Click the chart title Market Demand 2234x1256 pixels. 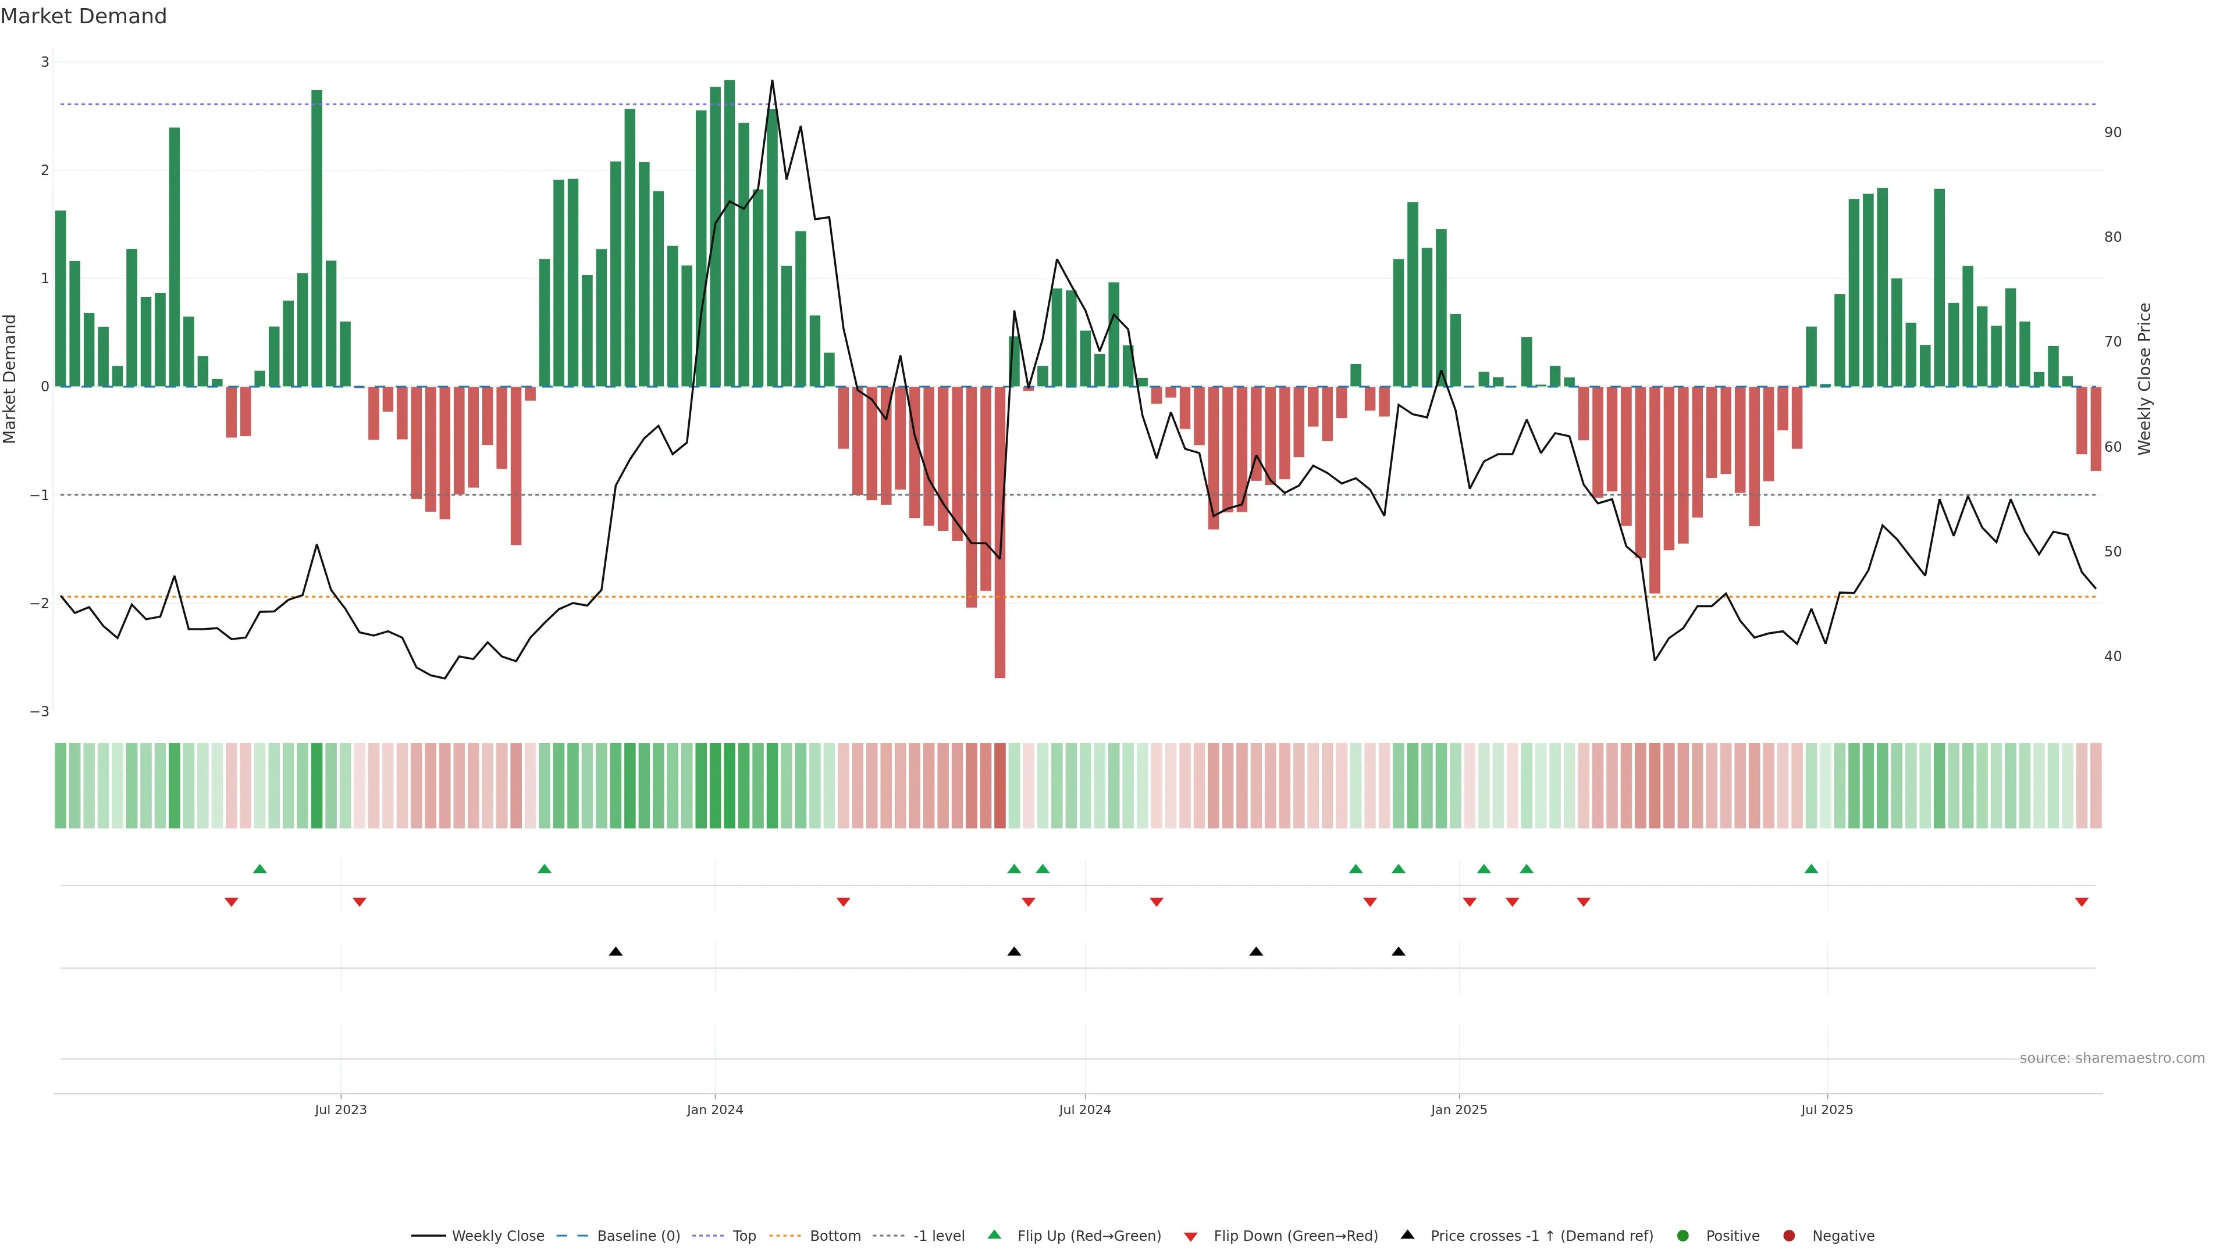coord(83,16)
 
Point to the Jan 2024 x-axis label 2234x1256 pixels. coord(714,1109)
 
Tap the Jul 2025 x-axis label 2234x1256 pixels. coord(1826,1109)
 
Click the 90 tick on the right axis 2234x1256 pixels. coord(2112,133)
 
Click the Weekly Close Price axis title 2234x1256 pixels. coord(2144,379)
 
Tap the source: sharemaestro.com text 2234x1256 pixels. coord(2112,1058)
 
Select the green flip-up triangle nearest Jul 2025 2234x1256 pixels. coord(1811,869)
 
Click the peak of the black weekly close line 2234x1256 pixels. coord(772,81)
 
